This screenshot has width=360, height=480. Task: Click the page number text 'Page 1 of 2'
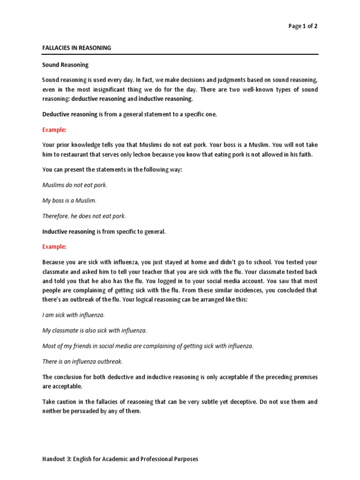tap(303, 26)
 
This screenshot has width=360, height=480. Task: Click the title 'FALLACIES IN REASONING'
tap(77, 48)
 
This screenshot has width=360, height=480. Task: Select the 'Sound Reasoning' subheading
tap(65, 65)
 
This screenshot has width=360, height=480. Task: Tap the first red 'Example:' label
tap(54, 129)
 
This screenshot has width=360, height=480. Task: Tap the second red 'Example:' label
tap(54, 247)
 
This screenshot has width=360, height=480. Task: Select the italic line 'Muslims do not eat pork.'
tap(75, 185)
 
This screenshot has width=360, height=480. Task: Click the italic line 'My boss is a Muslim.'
tap(69, 201)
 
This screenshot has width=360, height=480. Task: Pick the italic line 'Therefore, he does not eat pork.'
tap(84, 216)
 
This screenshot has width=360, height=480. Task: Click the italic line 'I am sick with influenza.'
tap(74, 315)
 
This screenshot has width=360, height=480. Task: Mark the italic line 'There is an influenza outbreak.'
tap(82, 361)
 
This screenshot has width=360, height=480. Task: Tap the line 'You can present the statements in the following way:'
tap(112, 170)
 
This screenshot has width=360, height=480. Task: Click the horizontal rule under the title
tap(180, 54)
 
